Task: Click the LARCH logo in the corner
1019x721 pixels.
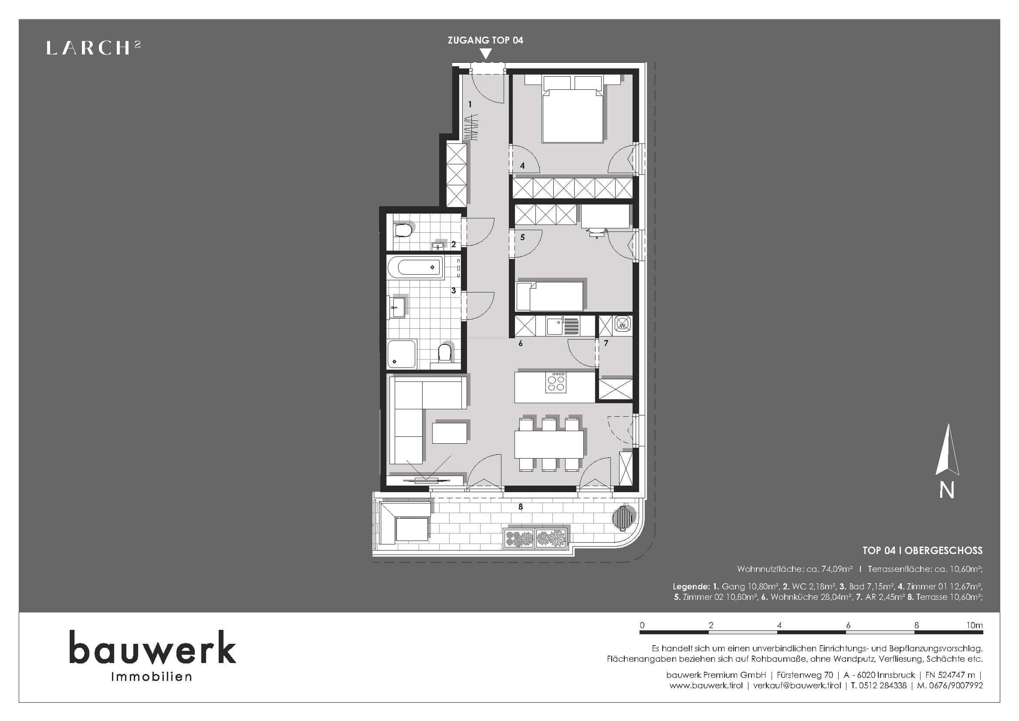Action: click(94, 48)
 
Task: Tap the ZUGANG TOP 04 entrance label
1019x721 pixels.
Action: click(485, 41)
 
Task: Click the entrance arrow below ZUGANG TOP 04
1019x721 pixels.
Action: click(486, 54)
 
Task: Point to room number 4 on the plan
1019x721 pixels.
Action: click(522, 166)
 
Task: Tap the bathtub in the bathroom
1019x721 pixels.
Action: click(416, 267)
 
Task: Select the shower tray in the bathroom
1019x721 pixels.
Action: click(402, 354)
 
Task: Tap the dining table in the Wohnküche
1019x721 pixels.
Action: click(549, 444)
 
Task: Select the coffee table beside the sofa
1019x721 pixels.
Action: click(450, 433)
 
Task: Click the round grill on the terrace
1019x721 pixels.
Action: click(621, 518)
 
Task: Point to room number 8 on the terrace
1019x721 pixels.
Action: click(521, 507)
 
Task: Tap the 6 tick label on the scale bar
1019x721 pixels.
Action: click(848, 625)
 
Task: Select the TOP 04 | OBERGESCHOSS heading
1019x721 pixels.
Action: click(922, 551)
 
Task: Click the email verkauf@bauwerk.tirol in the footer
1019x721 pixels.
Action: click(797, 686)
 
